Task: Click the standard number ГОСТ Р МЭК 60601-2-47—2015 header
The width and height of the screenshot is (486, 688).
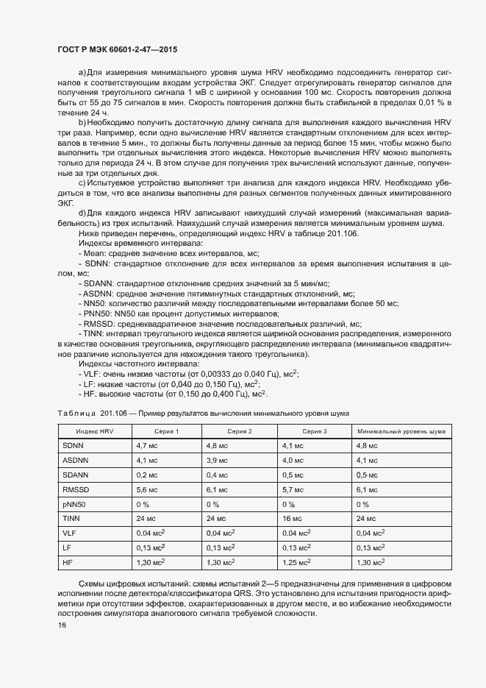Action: pos(117,49)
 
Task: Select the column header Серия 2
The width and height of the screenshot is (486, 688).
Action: pos(239,430)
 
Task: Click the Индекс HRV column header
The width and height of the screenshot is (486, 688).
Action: pos(94,430)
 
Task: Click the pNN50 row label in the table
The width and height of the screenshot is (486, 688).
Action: pos(75,504)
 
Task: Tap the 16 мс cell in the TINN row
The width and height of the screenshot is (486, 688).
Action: pos(292,519)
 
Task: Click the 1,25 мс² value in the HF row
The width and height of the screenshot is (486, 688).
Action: pos(296,562)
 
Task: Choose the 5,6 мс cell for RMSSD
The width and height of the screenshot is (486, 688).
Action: pos(148,489)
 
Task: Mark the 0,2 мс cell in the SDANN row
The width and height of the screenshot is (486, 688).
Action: pos(148,475)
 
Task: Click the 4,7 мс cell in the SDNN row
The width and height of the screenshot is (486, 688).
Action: pos(148,446)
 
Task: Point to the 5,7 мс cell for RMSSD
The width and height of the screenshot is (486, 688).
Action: pos(293,489)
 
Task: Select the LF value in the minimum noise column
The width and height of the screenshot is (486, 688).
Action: pos(371,547)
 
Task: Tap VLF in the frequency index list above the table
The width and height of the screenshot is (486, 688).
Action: pos(92,374)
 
